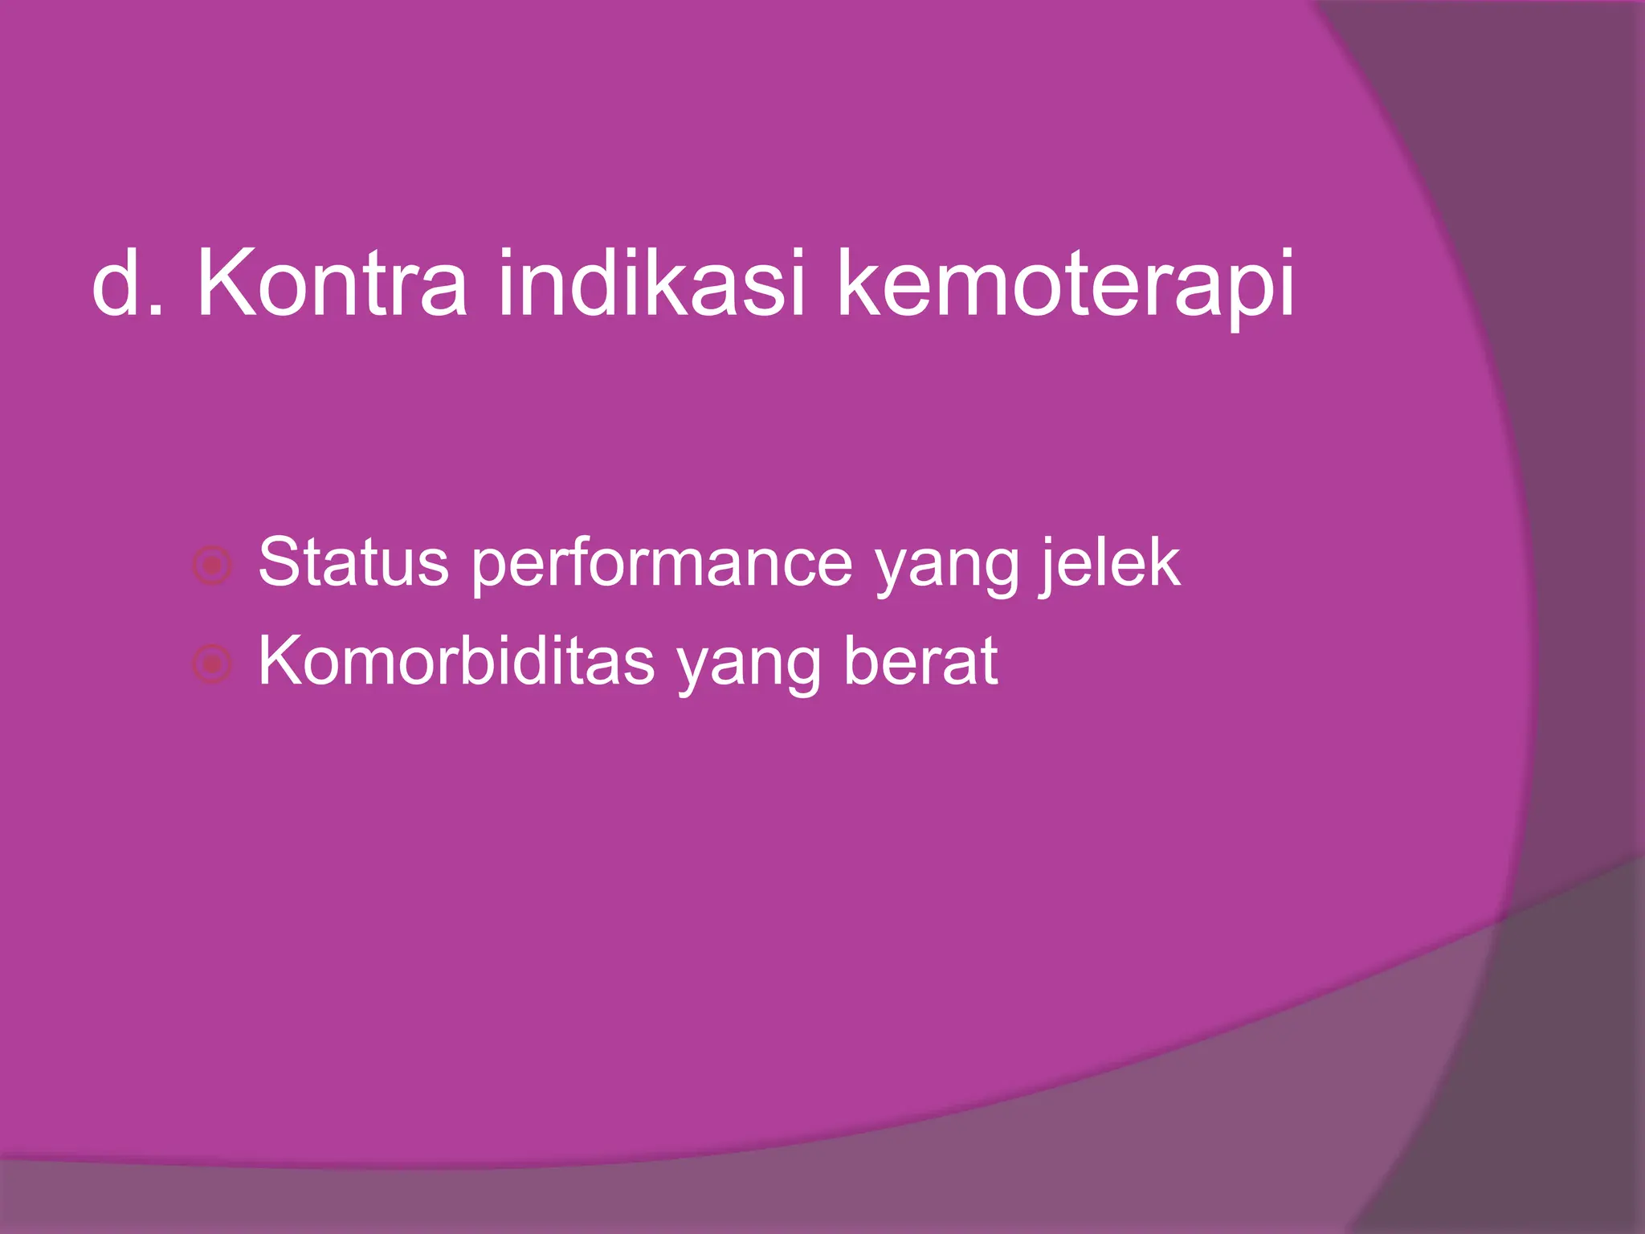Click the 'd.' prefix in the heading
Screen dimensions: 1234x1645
129,284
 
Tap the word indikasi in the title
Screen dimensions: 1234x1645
651,284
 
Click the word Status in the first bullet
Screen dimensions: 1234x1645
353,562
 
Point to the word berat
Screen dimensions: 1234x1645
920,661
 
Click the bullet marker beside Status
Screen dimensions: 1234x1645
213,566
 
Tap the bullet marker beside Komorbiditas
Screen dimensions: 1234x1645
213,664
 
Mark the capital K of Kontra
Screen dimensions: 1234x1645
226,284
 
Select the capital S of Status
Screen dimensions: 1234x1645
280,562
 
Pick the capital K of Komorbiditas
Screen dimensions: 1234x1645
280,661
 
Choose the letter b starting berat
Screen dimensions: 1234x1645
862,661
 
